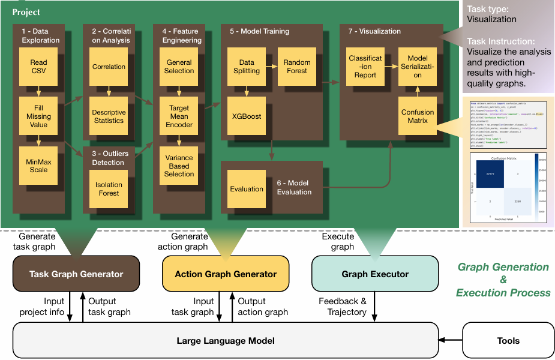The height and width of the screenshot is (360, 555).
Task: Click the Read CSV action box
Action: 38,67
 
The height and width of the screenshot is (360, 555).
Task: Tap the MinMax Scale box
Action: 38,166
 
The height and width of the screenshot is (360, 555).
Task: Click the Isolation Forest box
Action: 109,189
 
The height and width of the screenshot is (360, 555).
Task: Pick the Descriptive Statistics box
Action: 109,116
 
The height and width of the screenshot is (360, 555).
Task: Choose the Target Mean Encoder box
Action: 179,116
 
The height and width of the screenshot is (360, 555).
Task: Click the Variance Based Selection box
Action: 179,166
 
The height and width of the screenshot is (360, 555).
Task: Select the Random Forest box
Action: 296,66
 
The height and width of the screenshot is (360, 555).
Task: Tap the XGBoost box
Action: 246,116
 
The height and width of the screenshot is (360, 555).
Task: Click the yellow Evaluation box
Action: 246,189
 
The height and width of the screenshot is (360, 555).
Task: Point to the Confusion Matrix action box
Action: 418,116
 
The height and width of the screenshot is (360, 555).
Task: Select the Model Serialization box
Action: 418,67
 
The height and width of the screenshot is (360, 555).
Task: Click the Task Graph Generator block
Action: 76,274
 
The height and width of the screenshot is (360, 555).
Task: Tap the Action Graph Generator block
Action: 226,274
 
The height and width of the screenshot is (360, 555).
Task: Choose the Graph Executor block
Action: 375,274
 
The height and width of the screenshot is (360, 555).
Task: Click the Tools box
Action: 508,341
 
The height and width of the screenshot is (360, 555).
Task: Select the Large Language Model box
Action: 226,341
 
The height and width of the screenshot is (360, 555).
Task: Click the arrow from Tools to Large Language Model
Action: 451,341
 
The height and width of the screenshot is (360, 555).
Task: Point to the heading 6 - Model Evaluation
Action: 294,188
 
